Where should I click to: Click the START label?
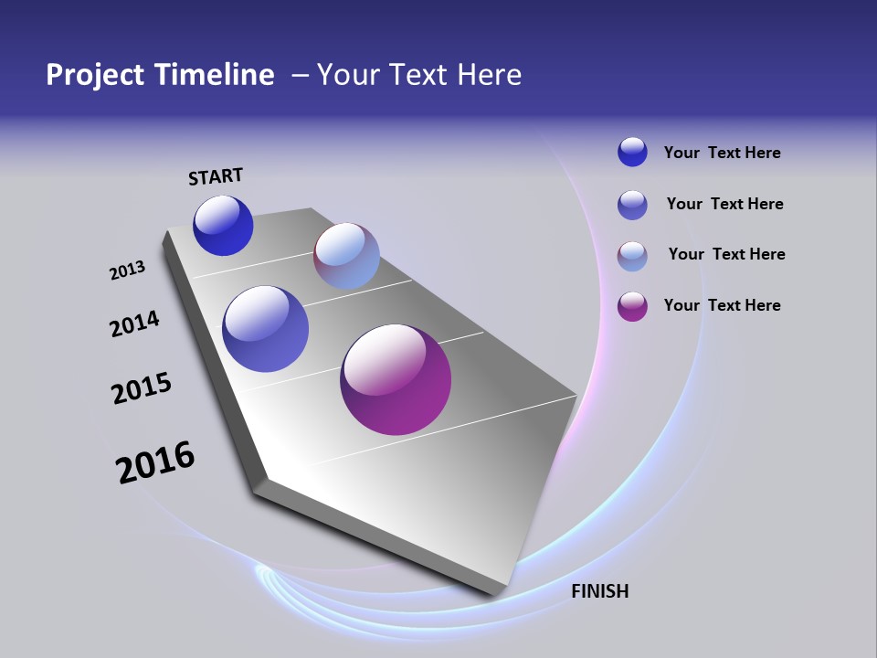(216, 176)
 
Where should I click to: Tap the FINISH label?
(599, 591)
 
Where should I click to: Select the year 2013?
(127, 271)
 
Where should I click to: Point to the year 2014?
(134, 324)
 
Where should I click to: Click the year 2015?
(142, 387)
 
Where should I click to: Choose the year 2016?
(155, 462)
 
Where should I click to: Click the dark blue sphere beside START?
(223, 226)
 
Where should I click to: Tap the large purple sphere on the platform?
(396, 379)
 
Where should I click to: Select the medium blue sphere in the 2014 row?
(265, 329)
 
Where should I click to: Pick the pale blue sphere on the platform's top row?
(346, 256)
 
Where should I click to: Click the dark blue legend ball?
(632, 152)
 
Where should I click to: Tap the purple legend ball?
(632, 306)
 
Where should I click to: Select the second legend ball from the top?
(632, 205)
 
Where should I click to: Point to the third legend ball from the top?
(632, 256)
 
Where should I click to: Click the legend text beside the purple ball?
(722, 305)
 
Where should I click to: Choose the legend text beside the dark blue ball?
(722, 153)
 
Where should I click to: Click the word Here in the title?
(489, 75)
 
